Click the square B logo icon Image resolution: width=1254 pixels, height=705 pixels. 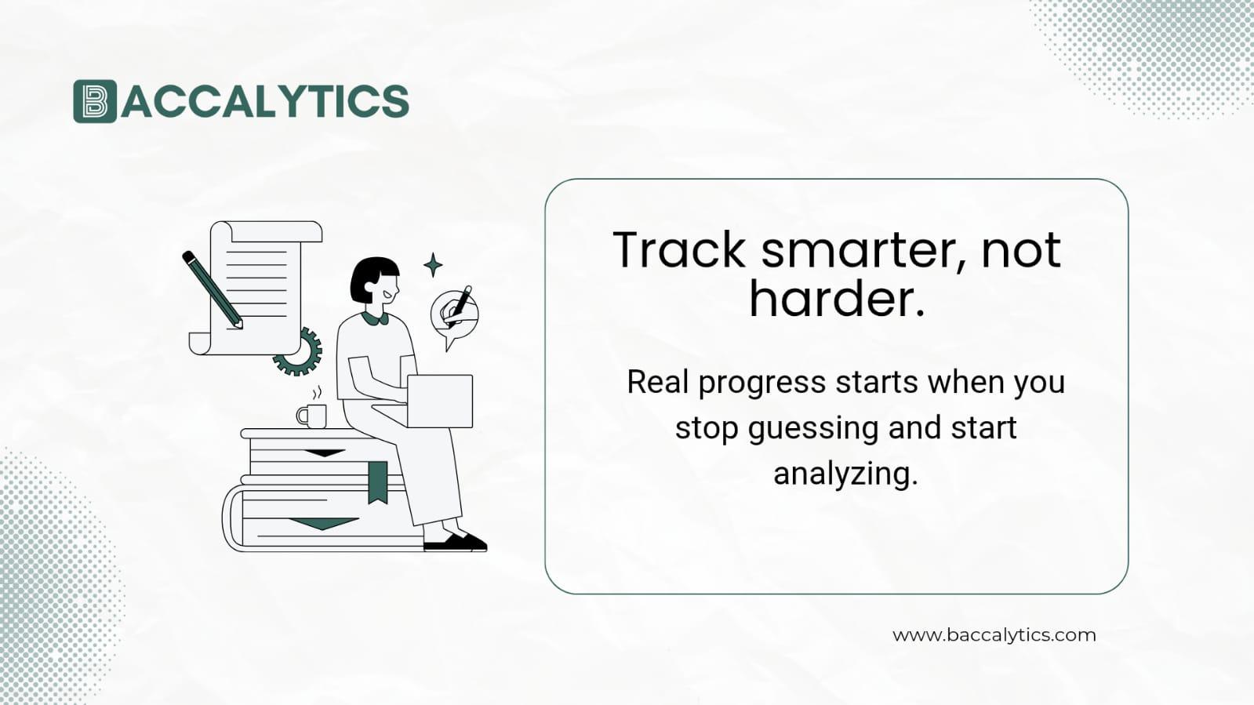[x=94, y=101]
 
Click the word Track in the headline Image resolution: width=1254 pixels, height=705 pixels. [x=678, y=250]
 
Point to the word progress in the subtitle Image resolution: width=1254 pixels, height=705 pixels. [x=761, y=383]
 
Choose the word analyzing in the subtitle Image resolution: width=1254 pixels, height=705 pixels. [x=845, y=474]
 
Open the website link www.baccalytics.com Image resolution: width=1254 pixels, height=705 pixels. [x=994, y=635]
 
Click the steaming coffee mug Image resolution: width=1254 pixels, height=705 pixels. [x=312, y=415]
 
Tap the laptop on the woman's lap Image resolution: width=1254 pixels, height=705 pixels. [x=439, y=401]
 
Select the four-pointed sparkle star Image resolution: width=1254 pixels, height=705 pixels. [x=433, y=265]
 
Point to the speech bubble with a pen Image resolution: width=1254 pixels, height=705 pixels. [x=453, y=314]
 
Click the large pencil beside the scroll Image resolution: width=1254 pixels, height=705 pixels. [x=212, y=288]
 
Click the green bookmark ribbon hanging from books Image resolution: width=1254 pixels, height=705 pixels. [x=378, y=481]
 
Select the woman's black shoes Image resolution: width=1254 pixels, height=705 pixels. [x=456, y=542]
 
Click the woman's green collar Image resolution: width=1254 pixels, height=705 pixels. [x=376, y=318]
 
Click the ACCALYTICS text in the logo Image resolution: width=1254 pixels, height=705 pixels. [x=265, y=101]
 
